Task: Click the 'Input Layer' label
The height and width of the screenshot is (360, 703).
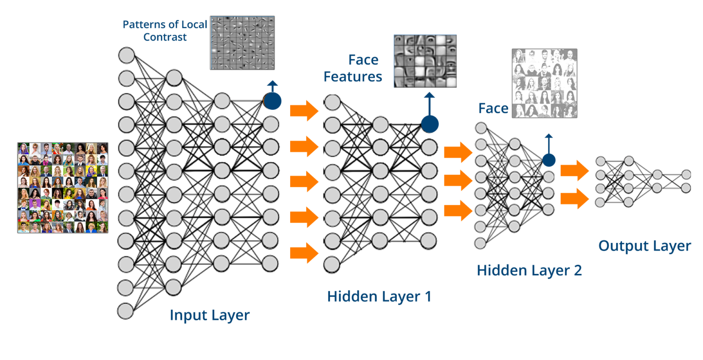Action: [x=210, y=315]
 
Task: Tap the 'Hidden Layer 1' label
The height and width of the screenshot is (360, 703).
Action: [x=379, y=296]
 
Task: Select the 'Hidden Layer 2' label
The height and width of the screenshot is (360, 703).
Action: [x=529, y=270]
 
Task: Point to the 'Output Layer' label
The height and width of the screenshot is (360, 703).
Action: [x=644, y=246]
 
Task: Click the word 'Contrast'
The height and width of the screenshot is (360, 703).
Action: [x=165, y=37]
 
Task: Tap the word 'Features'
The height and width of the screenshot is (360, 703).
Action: [x=352, y=76]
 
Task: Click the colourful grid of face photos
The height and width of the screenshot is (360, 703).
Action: [x=63, y=188]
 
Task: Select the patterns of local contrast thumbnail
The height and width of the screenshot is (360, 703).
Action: [x=242, y=43]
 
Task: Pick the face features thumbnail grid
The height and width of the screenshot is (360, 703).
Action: [x=425, y=61]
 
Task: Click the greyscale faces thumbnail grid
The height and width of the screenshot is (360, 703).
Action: [x=544, y=83]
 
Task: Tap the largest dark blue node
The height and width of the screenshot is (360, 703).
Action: [x=272, y=101]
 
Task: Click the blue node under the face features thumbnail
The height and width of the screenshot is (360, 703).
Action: [x=429, y=124]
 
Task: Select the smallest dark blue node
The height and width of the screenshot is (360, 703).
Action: [x=549, y=160]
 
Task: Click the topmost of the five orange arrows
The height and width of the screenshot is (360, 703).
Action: [x=304, y=111]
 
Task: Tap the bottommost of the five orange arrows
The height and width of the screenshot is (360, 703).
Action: [x=304, y=253]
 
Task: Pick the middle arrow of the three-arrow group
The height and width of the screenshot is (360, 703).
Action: [x=458, y=181]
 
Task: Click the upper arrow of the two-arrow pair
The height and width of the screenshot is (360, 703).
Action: [x=574, y=171]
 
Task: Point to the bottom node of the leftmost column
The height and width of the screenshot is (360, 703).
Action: [x=125, y=311]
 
